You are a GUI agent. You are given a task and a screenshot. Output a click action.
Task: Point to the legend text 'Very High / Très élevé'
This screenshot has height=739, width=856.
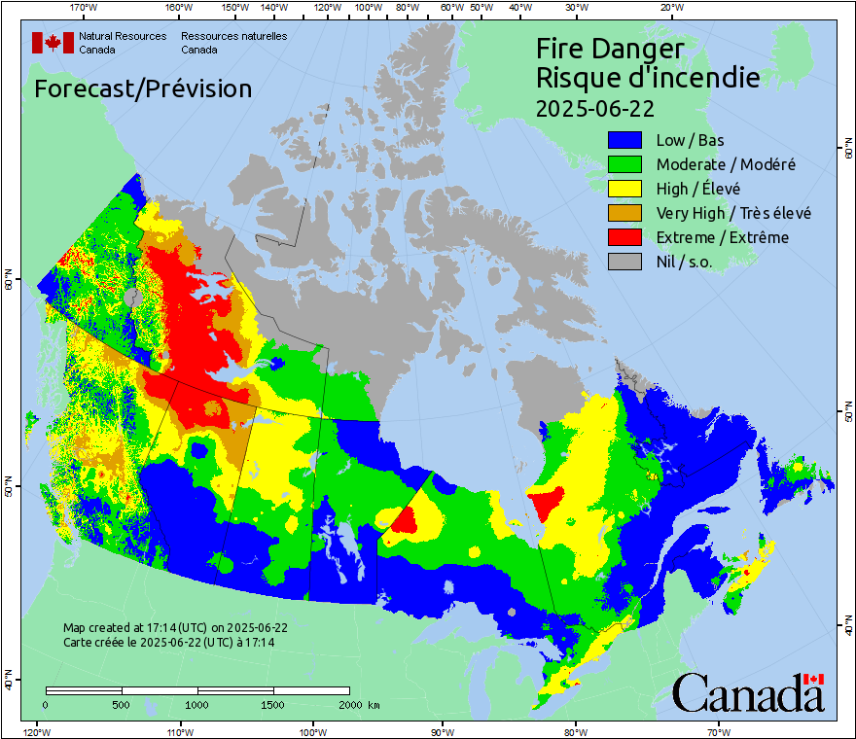point(733,213)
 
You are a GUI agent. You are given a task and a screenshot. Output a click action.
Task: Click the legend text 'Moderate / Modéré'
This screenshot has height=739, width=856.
point(726,164)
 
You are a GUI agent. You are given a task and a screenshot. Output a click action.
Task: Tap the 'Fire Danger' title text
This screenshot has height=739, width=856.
point(610,49)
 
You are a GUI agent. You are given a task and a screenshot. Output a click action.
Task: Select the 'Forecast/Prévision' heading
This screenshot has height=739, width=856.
point(143,88)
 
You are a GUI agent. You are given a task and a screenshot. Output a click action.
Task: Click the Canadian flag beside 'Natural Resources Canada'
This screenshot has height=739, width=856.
point(53,42)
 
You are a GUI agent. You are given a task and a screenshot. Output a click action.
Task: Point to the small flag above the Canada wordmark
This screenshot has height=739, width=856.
point(813,679)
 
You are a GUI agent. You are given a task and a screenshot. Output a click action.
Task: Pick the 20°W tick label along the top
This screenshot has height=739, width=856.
point(669,8)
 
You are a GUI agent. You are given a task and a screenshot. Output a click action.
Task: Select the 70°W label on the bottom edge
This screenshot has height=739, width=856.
point(717,731)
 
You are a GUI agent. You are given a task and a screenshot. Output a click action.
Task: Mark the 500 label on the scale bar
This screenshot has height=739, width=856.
point(122,704)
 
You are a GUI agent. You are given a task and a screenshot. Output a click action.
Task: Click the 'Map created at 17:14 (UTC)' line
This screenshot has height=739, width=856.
point(175,628)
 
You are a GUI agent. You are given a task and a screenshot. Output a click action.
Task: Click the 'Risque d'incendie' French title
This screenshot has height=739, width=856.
point(648,77)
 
